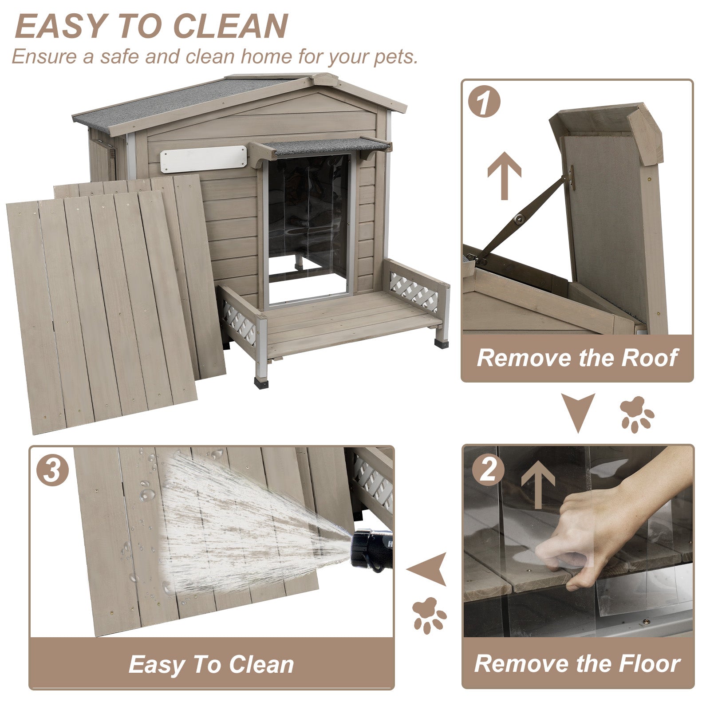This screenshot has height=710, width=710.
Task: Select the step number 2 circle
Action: pos(488,469)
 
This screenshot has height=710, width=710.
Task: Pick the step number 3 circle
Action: pos(52,469)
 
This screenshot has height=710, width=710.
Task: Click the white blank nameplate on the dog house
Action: pos(203,158)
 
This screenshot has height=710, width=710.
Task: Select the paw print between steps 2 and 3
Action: pos(428,615)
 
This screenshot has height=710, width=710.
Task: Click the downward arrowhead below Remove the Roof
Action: pos(578,409)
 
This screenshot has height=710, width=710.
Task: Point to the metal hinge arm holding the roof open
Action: pos(519,218)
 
